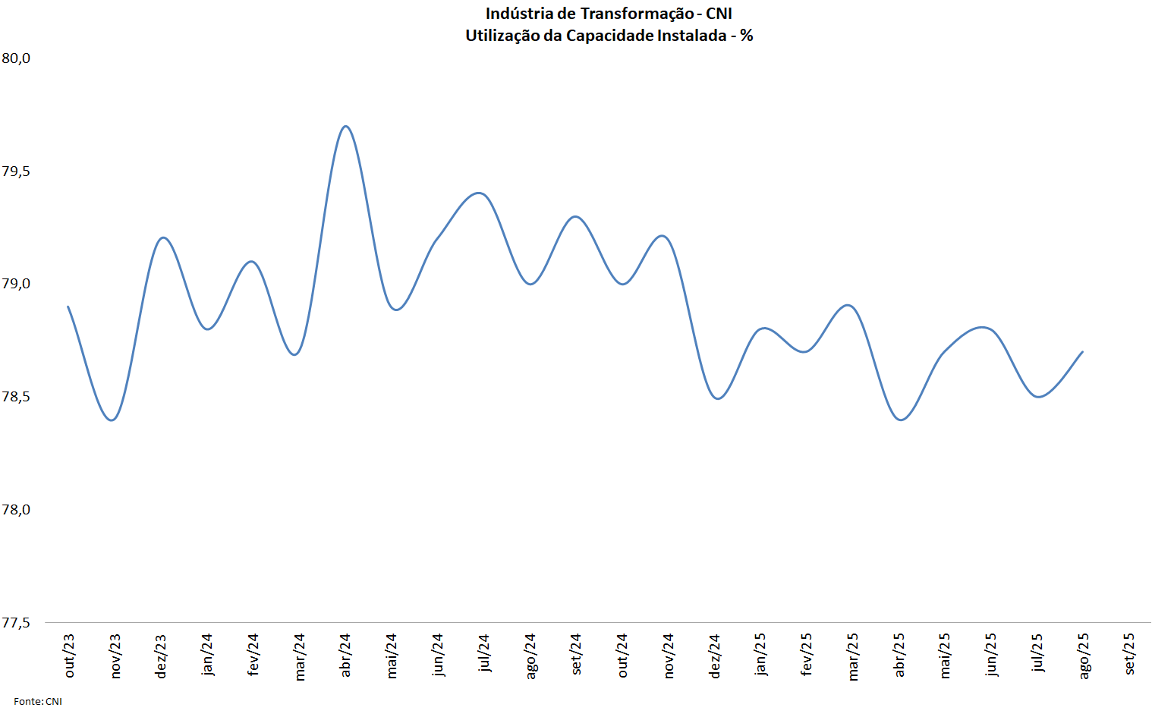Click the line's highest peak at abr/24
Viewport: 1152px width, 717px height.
pos(345,126)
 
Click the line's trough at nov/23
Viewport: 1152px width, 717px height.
pos(112,420)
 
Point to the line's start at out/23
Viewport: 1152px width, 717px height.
pos(68,307)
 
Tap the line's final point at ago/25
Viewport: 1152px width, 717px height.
pos(1082,352)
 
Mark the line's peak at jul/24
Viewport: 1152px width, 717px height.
pos(480,193)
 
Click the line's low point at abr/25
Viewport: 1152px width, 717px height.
pos(901,420)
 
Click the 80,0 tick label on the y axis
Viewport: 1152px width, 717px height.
pos(16,58)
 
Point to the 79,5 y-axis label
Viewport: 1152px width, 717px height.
pos(16,171)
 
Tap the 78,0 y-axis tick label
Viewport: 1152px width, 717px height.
pos(16,510)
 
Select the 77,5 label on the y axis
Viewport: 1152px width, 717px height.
pos(16,623)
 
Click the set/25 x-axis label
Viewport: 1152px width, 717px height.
pos(1129,654)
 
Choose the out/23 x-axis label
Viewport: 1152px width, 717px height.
pos(70,656)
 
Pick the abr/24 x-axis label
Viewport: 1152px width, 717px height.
pos(345,655)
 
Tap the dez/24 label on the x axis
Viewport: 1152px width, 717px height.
pos(715,656)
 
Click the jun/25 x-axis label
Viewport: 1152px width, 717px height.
pos(990,655)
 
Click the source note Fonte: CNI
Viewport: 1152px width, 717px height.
pos(38,702)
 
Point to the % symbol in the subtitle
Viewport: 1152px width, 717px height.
pos(747,36)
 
